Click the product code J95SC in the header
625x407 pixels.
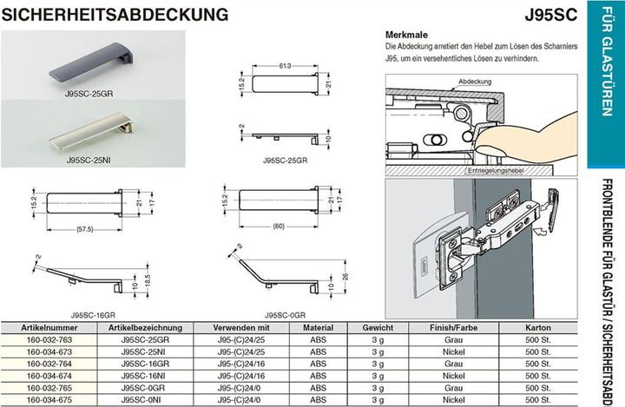[551, 15]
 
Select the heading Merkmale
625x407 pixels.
[402, 32]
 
